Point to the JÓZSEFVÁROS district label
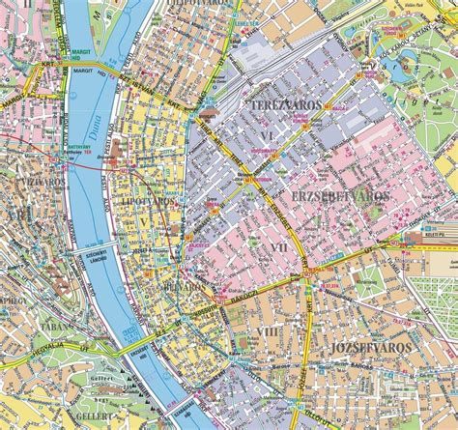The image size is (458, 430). point(370,346)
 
